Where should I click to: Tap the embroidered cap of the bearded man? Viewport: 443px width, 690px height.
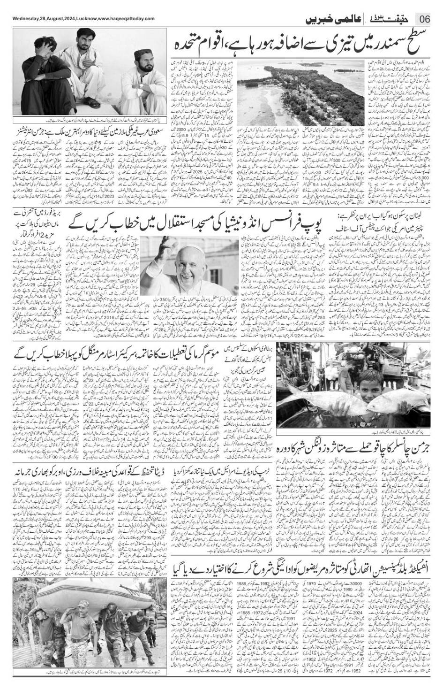click(143, 55)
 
